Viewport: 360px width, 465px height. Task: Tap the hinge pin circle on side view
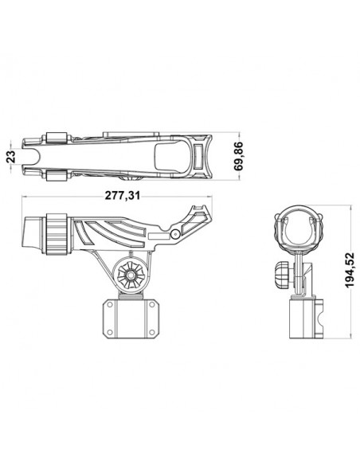tap(174, 233)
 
